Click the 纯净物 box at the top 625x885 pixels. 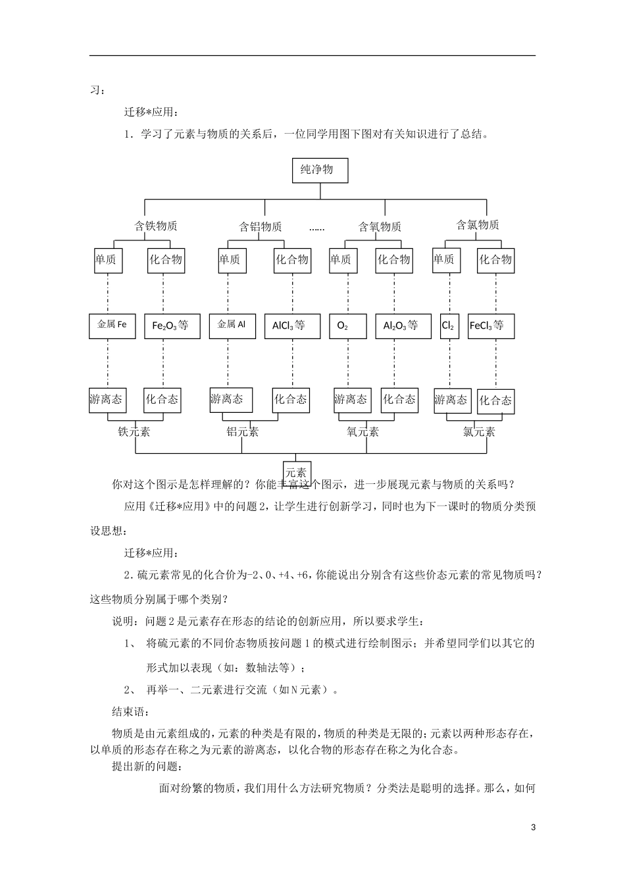(x=320, y=170)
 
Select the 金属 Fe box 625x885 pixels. (x=112, y=326)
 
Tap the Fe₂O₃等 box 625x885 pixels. (x=171, y=326)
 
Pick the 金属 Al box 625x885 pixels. (x=232, y=325)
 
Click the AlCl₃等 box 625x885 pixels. (x=291, y=326)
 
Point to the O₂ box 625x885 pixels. (x=347, y=326)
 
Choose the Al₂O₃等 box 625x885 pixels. (x=401, y=326)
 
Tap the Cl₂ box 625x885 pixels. (x=449, y=326)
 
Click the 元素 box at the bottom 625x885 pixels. (x=296, y=472)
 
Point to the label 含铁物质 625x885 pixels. (x=156, y=226)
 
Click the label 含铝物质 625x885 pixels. (x=261, y=227)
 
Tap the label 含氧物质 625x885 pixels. (x=380, y=227)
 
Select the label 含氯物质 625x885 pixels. (x=478, y=225)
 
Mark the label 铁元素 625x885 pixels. (x=134, y=432)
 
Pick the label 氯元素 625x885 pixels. (x=479, y=432)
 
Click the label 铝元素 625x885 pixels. (x=243, y=432)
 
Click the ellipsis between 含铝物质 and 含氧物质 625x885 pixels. (x=316, y=228)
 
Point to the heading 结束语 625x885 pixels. (x=131, y=712)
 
